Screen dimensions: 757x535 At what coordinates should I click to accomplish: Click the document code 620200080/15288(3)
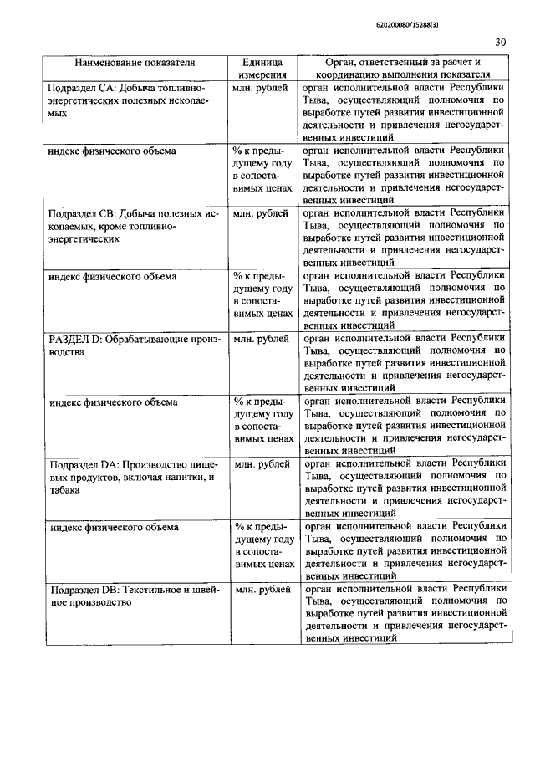(408, 24)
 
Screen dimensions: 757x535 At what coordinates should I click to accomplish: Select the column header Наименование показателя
(135, 63)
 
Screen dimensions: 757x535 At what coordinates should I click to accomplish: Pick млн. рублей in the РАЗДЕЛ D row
(262, 339)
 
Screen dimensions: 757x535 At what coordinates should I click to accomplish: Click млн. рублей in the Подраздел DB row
(262, 590)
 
